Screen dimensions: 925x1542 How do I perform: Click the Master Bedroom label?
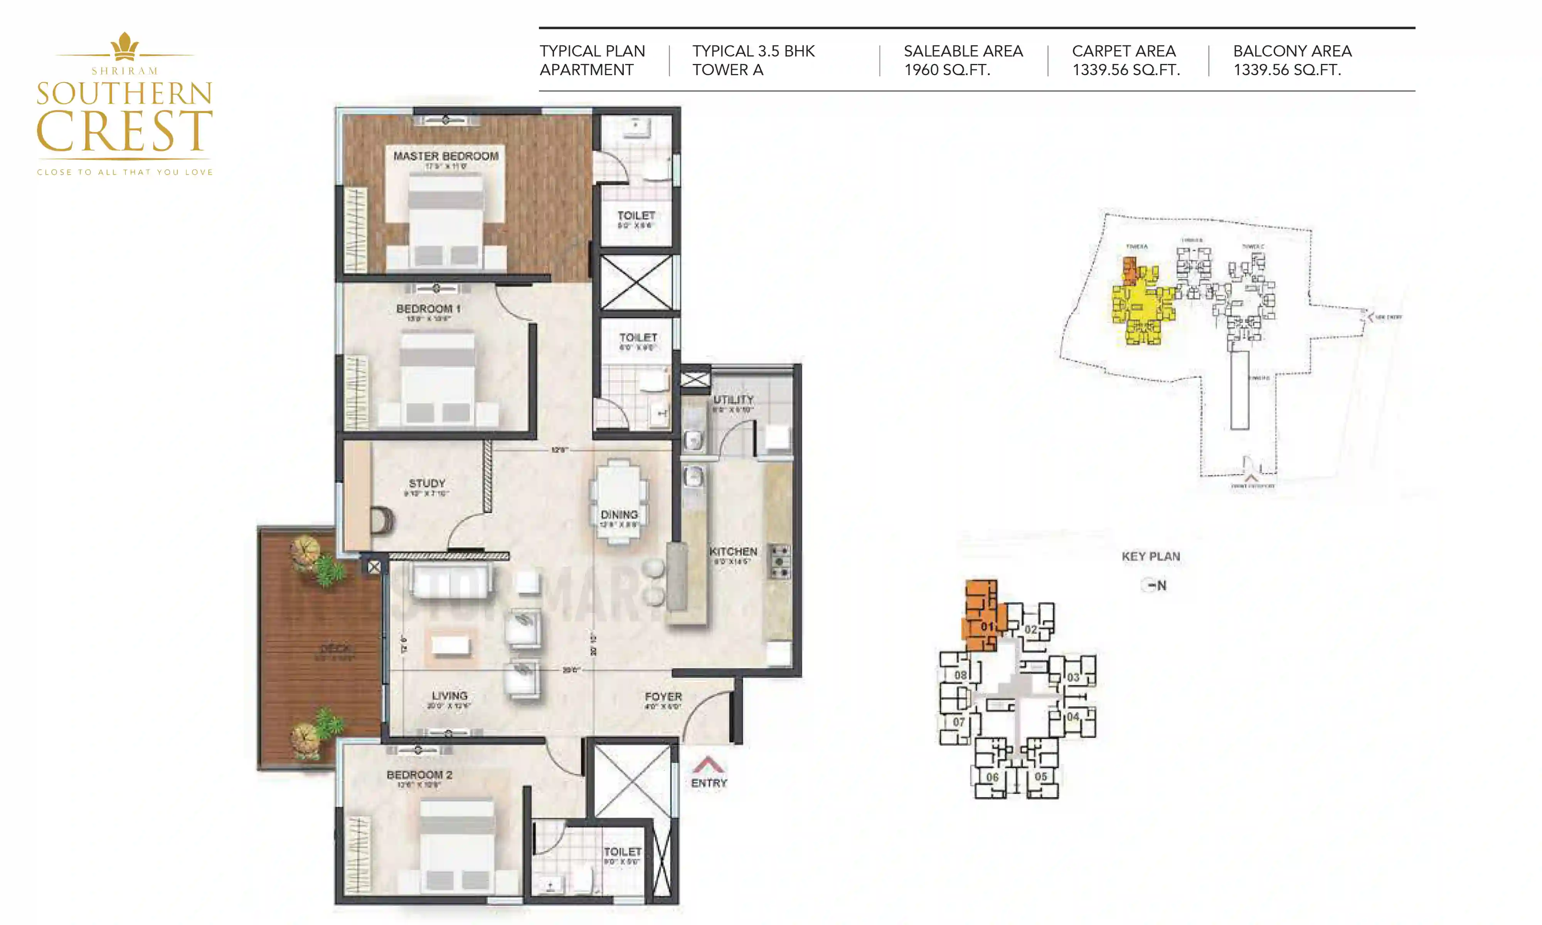(x=446, y=156)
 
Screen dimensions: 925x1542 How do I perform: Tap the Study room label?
(x=427, y=483)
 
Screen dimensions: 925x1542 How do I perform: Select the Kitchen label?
(x=733, y=552)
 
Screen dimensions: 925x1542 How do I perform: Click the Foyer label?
(x=663, y=696)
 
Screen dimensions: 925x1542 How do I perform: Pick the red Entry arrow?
(x=708, y=764)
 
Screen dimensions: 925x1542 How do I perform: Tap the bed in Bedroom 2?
(x=457, y=844)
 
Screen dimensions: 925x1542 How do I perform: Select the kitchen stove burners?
(x=779, y=562)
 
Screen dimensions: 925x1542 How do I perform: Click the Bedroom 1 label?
(x=428, y=309)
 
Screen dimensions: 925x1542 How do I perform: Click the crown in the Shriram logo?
(x=125, y=46)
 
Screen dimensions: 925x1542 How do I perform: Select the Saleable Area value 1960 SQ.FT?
(x=947, y=70)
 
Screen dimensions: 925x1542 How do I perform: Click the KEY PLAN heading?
(x=1151, y=557)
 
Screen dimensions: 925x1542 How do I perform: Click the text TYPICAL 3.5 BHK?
(x=753, y=51)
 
